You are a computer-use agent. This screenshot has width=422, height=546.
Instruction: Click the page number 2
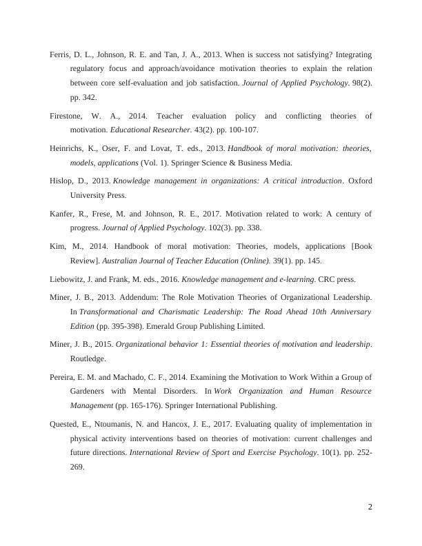point(370,507)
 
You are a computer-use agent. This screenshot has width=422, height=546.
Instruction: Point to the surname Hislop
point(62,181)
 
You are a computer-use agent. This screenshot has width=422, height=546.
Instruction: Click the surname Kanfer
point(63,213)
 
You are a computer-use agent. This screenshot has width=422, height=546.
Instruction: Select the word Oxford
point(359,181)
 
